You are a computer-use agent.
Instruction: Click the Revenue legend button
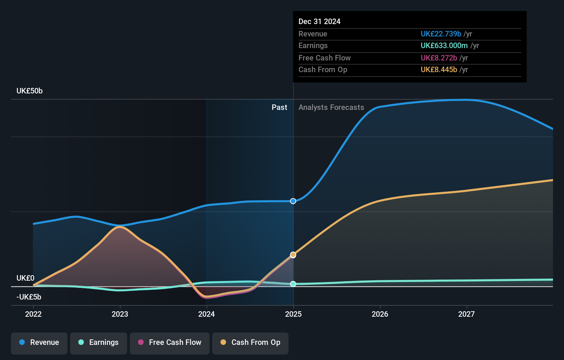[39, 342]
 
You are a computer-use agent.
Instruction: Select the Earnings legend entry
[99, 342]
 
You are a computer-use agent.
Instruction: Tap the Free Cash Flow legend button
[170, 342]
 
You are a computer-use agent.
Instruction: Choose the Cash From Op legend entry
[250, 342]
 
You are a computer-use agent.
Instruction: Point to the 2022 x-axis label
[33, 314]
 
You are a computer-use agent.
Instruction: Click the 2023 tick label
[120, 314]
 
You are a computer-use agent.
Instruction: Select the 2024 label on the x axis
[206, 314]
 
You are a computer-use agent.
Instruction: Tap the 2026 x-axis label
[380, 314]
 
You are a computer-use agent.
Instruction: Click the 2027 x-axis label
[466, 314]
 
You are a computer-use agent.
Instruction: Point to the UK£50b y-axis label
[30, 91]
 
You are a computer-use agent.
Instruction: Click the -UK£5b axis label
[29, 297]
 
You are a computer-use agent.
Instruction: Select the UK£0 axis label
[25, 278]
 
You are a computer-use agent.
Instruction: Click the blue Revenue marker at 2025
[293, 201]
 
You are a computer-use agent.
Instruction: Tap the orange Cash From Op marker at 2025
[293, 255]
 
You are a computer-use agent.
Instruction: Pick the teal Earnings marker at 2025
[293, 284]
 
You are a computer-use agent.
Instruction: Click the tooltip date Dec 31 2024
[319, 22]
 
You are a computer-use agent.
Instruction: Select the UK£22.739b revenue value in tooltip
[441, 34]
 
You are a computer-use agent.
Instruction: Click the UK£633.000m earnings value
[444, 46]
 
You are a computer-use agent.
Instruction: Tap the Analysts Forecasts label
[331, 108]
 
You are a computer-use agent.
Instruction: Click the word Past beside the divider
[279, 108]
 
